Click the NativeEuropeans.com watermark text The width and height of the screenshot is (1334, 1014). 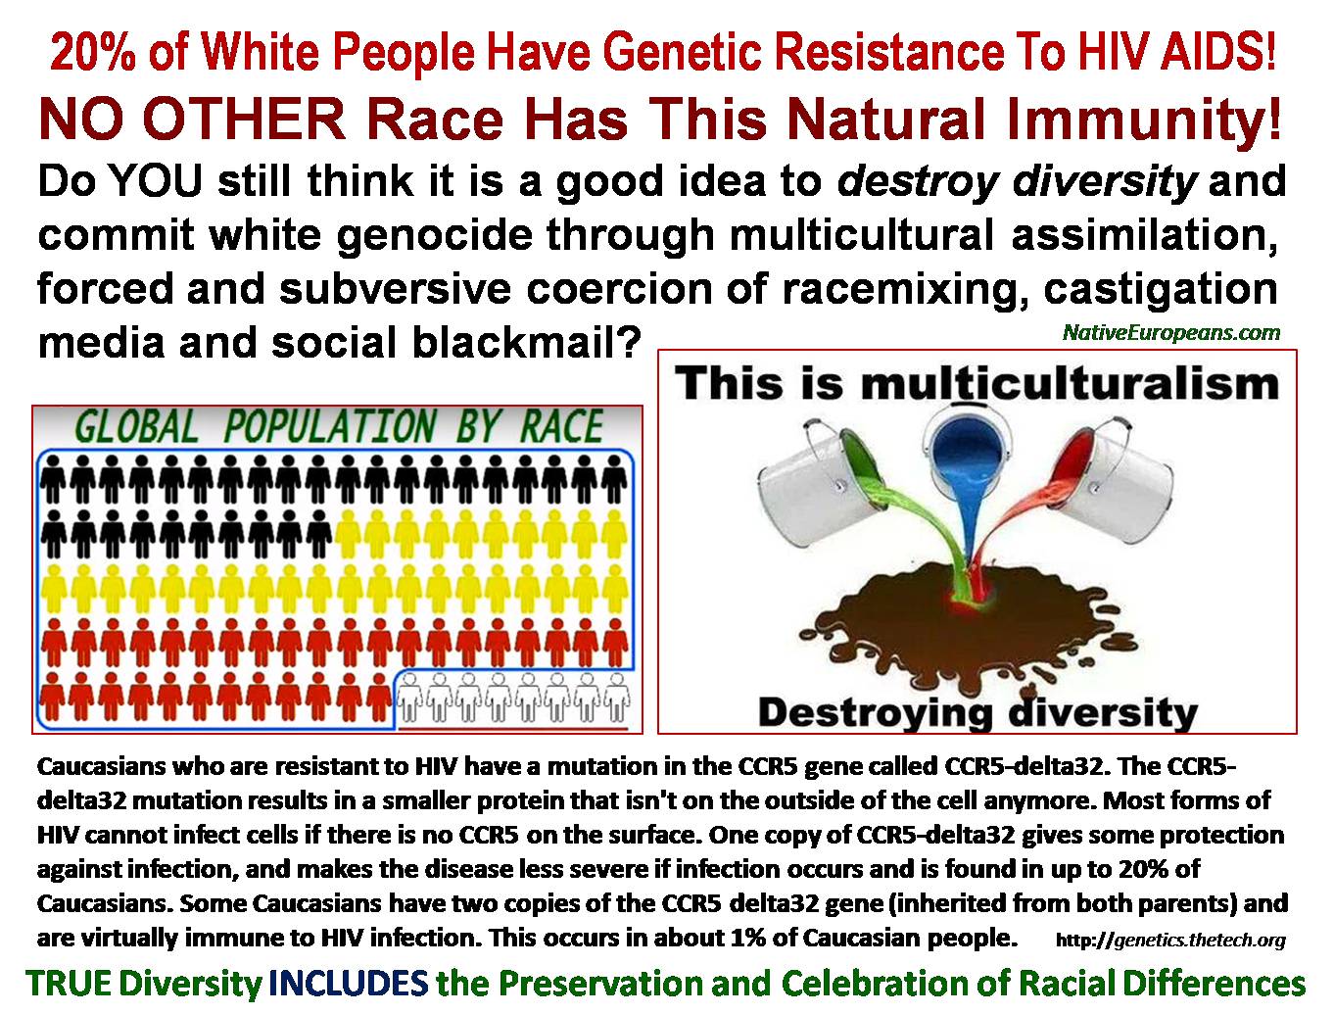(x=1171, y=332)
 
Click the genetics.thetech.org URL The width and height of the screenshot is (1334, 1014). (x=1170, y=941)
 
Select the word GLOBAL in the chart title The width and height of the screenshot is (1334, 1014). (x=137, y=427)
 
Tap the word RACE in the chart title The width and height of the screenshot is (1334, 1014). (x=561, y=427)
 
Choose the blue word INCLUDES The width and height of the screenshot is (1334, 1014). (x=349, y=983)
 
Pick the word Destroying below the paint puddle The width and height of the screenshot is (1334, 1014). (x=876, y=712)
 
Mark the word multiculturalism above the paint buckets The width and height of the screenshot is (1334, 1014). (x=1070, y=385)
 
